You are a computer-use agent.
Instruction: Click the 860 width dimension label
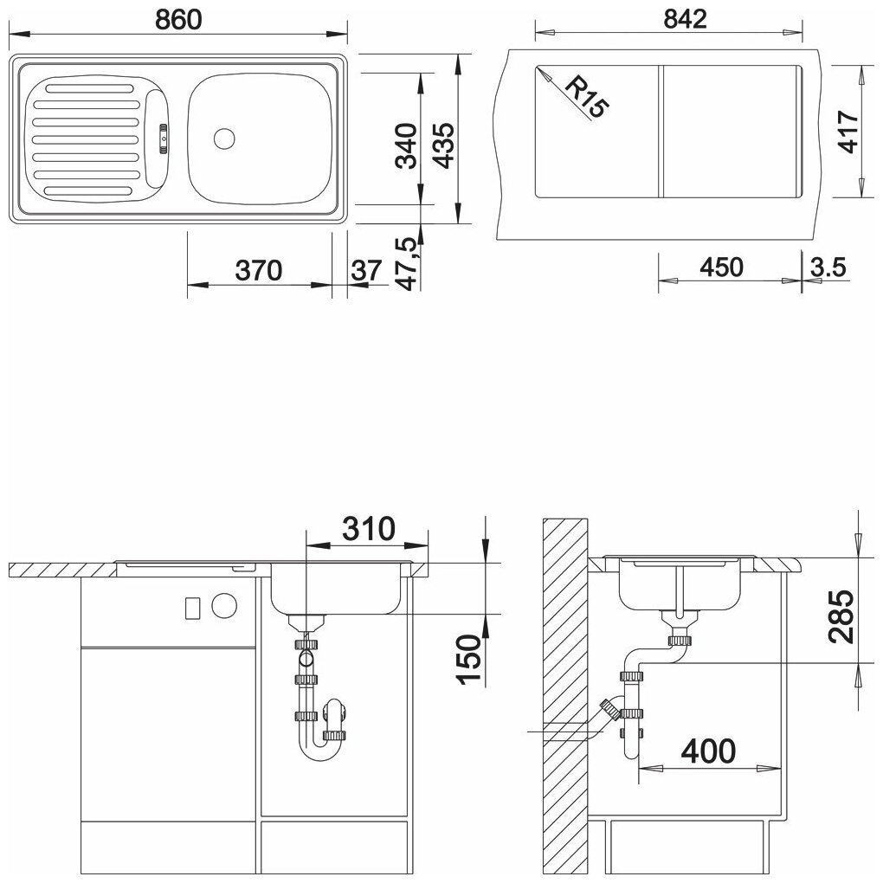pos(178,20)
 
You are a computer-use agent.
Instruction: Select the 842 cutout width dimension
pos(685,19)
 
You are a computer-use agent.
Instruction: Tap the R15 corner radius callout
pos(586,98)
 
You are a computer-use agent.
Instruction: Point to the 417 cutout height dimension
pos(848,132)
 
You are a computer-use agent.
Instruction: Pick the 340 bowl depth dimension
pos(405,145)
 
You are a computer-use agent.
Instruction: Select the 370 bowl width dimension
pos(259,270)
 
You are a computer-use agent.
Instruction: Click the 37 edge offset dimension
pos(366,270)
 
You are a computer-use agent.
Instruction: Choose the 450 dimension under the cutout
pos(721,267)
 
